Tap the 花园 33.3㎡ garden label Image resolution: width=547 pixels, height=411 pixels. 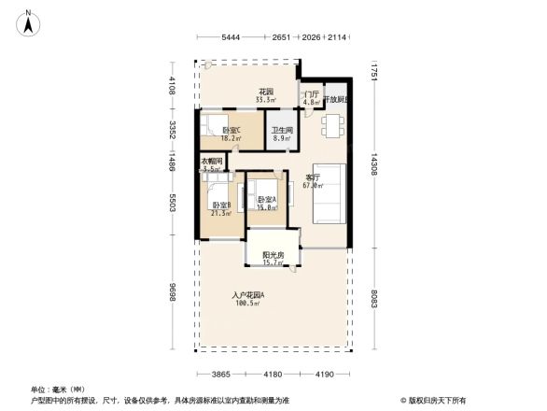pyautogui.click(x=265, y=95)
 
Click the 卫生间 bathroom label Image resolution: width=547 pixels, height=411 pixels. pyautogui.click(x=282, y=135)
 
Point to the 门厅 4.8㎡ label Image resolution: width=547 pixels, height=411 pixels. pyautogui.click(x=311, y=98)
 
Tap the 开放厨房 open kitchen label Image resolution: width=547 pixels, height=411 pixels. pyautogui.click(x=337, y=99)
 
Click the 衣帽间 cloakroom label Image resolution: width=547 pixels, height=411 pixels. pyautogui.click(x=212, y=165)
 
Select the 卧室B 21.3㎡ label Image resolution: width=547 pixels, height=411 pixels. pyautogui.click(x=221, y=208)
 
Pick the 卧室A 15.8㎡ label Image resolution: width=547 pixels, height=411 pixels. pyautogui.click(x=266, y=204)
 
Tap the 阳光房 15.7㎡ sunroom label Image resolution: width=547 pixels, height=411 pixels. pyautogui.click(x=273, y=259)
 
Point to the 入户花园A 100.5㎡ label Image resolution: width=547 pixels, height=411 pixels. pyautogui.click(x=248, y=300)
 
